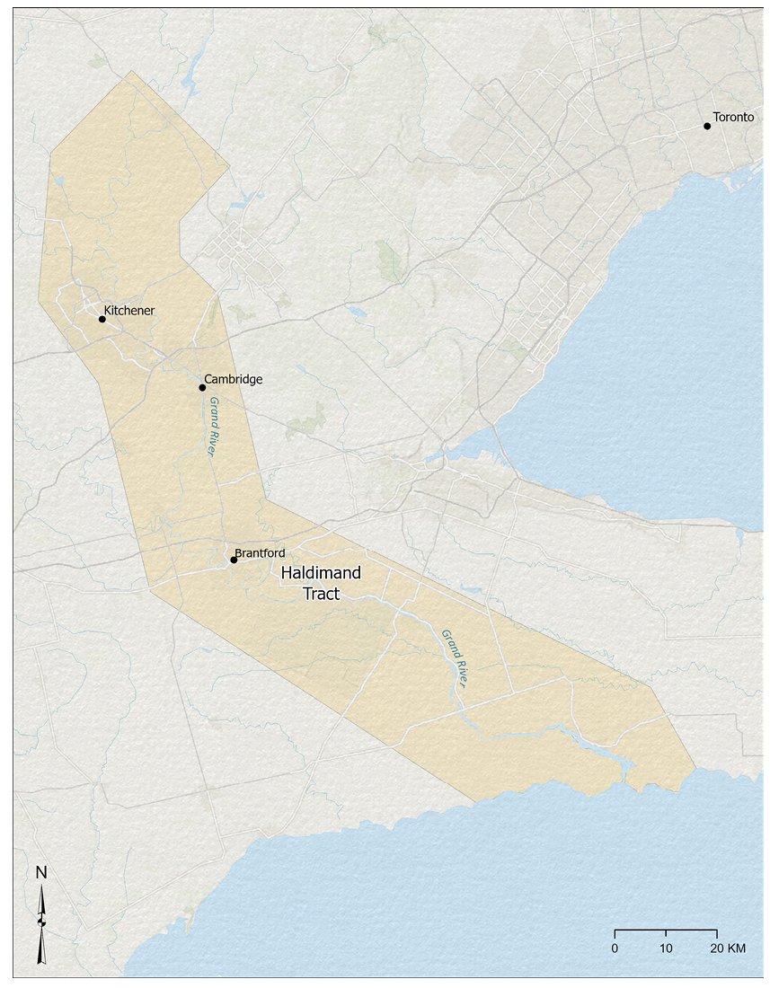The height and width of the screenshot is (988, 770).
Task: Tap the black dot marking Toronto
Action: [x=707, y=126]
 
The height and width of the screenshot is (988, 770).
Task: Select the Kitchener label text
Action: [x=129, y=311]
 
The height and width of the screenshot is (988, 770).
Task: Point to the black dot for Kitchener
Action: [x=102, y=319]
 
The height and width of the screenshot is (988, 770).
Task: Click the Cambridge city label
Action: [x=234, y=379]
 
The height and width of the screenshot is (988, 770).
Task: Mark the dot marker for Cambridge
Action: [x=202, y=387]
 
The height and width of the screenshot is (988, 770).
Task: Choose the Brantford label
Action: [x=260, y=552]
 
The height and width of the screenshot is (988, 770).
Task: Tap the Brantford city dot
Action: [x=234, y=560]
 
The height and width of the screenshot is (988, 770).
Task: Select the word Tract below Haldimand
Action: [x=321, y=593]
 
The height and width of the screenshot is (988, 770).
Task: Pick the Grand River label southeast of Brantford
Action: [x=456, y=659]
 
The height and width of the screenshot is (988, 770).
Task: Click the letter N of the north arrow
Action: [x=41, y=872]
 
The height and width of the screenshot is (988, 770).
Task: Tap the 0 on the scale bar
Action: [x=615, y=948]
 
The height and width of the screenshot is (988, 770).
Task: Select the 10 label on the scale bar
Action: [x=666, y=948]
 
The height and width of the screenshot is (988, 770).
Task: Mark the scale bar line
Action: [x=666, y=931]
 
